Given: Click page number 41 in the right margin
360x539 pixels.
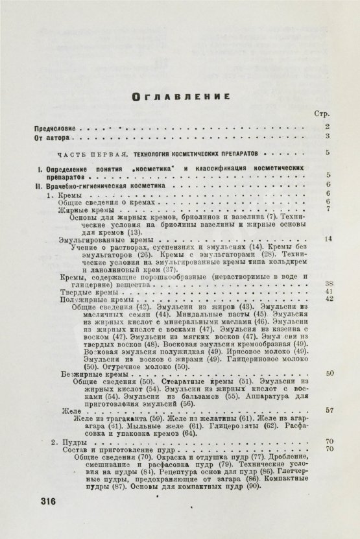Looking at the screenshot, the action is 328,291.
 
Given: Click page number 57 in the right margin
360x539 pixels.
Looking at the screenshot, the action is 328,410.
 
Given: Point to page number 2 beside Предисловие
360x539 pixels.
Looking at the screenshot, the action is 328,126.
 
